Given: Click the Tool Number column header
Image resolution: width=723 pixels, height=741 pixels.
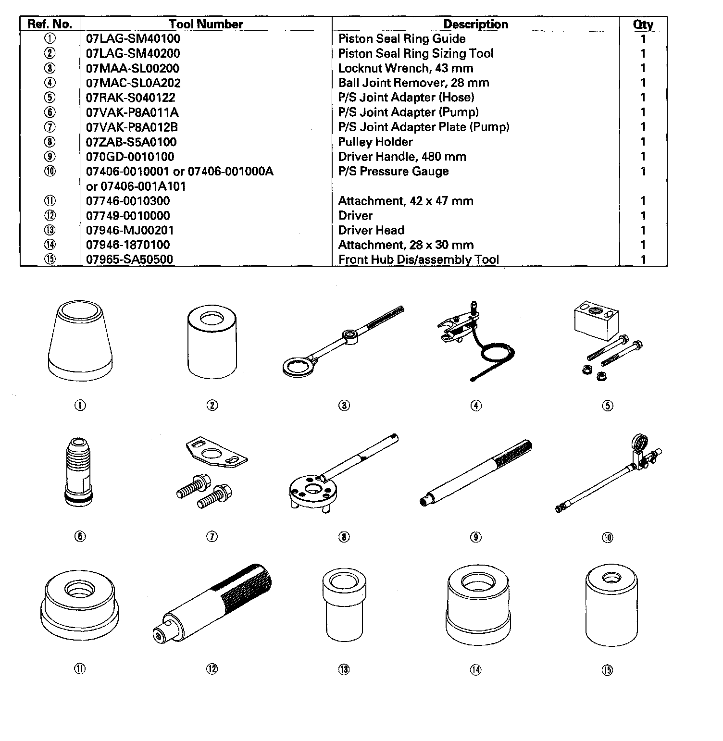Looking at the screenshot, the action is (x=206, y=24).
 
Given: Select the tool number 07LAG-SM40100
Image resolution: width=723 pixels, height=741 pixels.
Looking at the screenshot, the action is (x=133, y=38).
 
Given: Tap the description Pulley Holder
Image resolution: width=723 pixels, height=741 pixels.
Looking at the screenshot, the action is (x=375, y=142).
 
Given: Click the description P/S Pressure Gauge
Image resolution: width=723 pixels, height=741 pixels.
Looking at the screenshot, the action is (x=393, y=171).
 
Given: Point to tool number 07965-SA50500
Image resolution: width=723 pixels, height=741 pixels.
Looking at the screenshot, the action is (x=129, y=259).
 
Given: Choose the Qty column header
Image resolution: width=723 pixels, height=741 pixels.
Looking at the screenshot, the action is (x=643, y=25).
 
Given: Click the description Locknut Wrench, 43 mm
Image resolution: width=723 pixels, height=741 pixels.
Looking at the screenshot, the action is (x=406, y=68).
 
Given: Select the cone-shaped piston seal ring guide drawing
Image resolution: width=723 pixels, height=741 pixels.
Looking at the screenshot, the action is (x=81, y=340).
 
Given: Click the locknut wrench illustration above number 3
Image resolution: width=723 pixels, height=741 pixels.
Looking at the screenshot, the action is (x=343, y=340).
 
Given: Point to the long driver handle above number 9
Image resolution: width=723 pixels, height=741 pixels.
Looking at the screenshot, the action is (x=476, y=473).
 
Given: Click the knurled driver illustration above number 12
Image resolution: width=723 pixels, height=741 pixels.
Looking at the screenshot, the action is (x=212, y=605).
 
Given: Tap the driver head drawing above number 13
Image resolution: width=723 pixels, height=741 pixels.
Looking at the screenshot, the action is (x=344, y=606).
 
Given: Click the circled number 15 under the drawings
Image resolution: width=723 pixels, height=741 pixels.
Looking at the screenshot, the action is (x=608, y=669).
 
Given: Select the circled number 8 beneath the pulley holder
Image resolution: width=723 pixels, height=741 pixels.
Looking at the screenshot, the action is (x=344, y=537).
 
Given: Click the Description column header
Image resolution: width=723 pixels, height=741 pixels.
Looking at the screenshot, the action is (x=475, y=25).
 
